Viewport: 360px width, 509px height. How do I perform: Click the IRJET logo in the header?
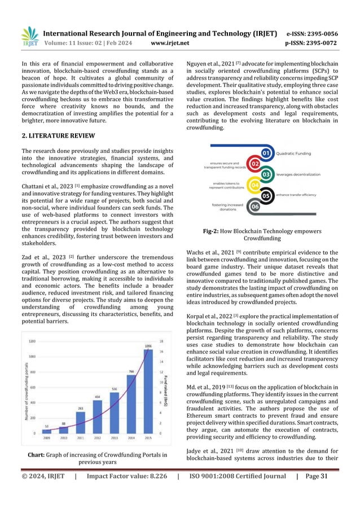[30, 35]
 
